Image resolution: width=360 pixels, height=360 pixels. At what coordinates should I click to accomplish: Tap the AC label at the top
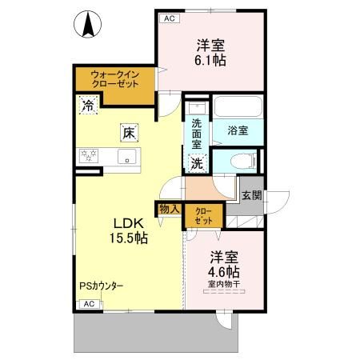tap(169, 17)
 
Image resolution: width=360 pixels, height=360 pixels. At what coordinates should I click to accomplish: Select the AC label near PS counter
tap(89, 305)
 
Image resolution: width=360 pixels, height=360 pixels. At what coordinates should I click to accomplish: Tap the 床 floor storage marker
tap(127, 134)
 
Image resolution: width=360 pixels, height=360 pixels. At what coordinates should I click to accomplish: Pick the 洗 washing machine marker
tap(197, 163)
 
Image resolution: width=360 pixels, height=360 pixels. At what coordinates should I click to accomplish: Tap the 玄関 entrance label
tap(250, 194)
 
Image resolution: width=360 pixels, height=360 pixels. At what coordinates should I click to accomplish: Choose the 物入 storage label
tap(170, 209)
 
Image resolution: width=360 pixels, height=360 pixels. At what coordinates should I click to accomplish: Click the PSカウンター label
tap(101, 286)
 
